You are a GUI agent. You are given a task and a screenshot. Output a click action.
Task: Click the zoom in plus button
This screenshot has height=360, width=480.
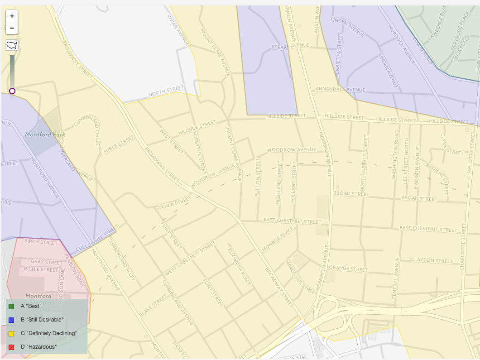12,16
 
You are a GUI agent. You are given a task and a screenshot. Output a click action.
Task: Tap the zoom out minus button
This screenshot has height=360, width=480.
12,28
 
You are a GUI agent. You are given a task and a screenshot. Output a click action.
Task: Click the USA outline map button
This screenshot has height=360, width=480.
12,45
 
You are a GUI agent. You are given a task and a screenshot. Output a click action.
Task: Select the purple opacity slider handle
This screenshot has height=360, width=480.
12,91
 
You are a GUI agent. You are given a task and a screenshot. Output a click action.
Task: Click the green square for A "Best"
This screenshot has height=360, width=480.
11,306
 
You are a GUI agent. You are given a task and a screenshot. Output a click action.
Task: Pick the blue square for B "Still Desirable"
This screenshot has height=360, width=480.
11,320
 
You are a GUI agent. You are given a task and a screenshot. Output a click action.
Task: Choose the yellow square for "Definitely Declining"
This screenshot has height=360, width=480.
11,333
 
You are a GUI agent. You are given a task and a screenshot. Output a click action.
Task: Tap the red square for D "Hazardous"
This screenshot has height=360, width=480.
11,347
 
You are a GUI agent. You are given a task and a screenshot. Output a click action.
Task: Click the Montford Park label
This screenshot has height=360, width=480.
45,134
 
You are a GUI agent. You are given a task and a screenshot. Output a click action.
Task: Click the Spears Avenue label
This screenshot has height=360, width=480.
290,46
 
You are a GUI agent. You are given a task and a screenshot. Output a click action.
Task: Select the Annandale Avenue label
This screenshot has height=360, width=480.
334,89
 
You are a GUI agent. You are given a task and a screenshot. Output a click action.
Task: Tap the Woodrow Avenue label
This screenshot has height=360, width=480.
291,150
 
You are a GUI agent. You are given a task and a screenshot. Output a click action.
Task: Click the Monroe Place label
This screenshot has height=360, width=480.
278,239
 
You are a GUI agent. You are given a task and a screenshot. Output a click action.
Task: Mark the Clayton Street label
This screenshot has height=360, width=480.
432,260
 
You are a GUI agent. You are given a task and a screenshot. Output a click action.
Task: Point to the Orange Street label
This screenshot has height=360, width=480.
348,269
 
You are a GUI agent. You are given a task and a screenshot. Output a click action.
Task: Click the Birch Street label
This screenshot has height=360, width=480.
41,242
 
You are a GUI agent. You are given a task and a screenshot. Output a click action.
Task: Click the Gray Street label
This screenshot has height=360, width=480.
47,262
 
